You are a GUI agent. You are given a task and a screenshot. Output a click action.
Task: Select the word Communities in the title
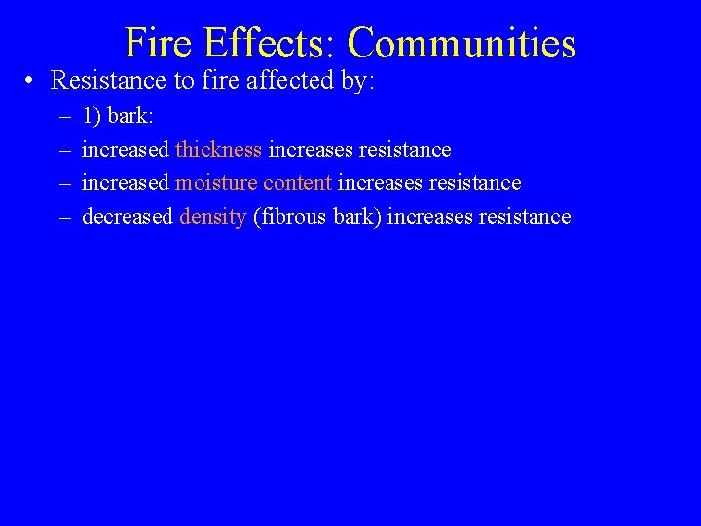point(461,44)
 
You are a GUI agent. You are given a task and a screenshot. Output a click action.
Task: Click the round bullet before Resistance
point(32,81)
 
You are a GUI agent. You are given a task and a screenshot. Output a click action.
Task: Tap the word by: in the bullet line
point(354,81)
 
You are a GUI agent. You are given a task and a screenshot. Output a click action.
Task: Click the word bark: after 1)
point(130,117)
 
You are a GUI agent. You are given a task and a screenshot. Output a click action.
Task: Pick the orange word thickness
point(218,150)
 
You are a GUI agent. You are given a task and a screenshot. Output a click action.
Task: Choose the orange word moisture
point(216,183)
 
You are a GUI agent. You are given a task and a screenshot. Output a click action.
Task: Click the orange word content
point(298,183)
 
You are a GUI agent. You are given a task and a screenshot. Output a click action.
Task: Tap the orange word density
point(212,217)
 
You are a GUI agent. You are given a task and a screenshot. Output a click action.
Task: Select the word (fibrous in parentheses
point(286,217)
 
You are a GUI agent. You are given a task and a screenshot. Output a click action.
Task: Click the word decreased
point(127,217)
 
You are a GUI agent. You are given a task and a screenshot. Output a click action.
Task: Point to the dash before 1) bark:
point(64,117)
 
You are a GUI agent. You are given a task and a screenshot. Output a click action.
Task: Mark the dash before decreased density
point(64,217)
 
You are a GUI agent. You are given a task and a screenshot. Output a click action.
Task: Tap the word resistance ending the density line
point(525,217)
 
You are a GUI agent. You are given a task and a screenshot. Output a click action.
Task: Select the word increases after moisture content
point(380,183)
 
